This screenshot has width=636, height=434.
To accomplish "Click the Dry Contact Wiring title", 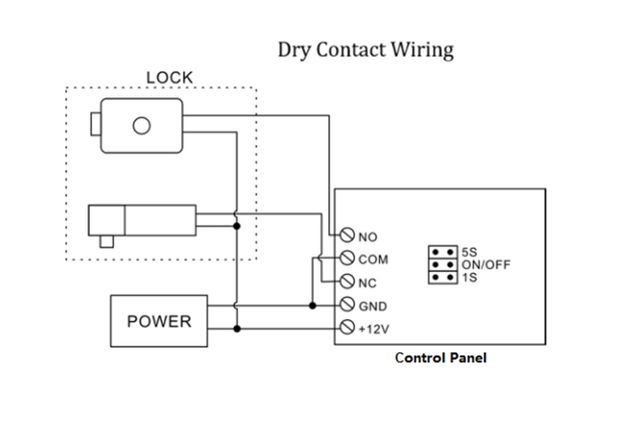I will coord(366,50).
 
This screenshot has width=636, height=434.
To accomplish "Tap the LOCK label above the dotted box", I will coord(170,77).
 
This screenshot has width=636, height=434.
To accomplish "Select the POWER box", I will coord(159,320).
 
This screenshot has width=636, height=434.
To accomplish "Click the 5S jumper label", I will coord(469,252).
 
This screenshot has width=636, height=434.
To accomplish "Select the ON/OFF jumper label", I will coord(485,265).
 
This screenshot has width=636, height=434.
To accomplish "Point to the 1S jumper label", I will coord(469,276).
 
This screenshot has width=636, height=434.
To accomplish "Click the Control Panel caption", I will coord(440,357).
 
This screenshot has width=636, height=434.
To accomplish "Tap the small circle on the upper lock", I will coord(141,127).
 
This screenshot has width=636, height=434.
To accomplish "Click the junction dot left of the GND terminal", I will coord(312,305).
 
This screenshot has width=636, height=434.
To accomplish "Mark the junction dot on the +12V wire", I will coord(237,328).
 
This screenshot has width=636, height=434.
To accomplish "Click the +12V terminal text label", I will coord(375,329).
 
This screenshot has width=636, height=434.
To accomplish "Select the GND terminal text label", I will coord(372,306).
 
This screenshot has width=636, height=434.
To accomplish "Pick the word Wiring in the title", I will coord(422,50).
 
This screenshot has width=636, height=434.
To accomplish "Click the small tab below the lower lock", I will coord(108,242).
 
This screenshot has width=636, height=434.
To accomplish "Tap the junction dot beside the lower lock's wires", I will coord(237,226).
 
